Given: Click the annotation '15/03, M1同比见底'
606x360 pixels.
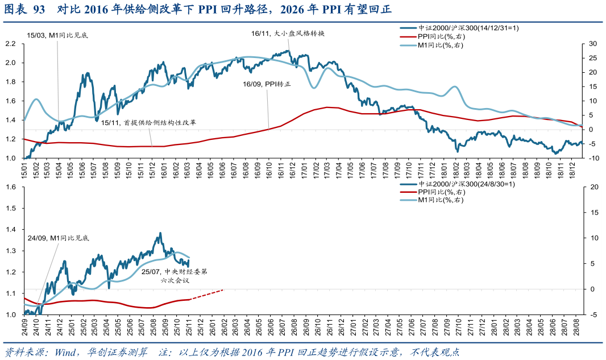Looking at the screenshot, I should [57, 35].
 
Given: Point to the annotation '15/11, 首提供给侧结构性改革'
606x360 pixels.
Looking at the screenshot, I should [148, 122].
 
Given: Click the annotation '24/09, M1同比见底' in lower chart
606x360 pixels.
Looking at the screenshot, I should [59, 238].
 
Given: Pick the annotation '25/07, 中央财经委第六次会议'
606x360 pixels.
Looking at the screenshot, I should [175, 276].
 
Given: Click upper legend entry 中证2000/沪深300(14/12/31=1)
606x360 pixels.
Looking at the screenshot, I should [468, 27].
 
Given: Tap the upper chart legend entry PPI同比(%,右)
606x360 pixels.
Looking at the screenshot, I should [441, 36].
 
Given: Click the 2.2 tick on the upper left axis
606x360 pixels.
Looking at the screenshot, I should [10, 44].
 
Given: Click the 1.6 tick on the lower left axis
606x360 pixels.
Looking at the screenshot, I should [10, 187].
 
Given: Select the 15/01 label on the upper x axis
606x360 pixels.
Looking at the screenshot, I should [25, 169].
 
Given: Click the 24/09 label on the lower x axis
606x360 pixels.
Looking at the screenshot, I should [25, 328].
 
